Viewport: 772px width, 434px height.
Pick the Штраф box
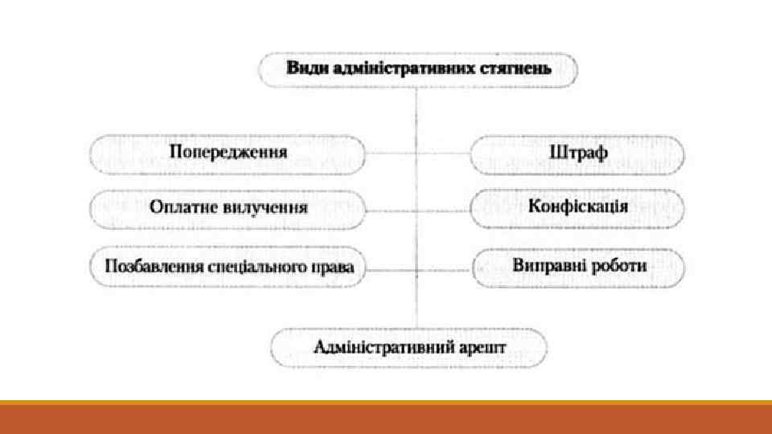tap(577, 153)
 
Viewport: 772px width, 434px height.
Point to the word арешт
tap(483, 348)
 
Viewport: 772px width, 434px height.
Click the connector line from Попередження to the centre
tap(391, 153)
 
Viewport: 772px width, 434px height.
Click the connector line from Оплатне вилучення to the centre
tap(391, 210)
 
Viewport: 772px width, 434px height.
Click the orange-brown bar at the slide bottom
tap(386, 419)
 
